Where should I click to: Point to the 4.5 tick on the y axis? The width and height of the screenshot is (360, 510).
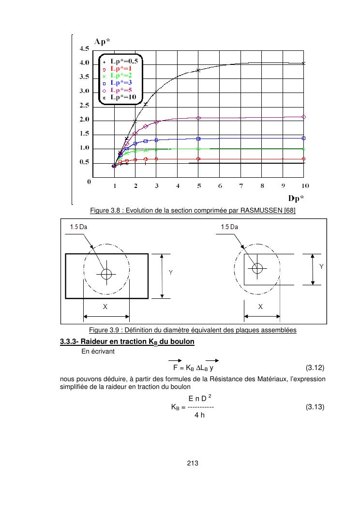84,48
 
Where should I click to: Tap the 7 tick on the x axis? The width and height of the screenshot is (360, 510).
241,185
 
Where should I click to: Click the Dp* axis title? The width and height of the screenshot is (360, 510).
297,197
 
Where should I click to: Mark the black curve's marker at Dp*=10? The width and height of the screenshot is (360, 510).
304,63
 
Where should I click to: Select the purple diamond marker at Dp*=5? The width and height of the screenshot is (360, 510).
198,118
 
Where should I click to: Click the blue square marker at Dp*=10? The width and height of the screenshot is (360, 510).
304,138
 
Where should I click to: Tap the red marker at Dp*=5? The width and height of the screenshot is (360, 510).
198,159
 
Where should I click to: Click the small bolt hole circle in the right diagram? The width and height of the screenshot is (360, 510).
257,267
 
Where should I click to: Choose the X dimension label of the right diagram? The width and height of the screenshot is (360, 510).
260,307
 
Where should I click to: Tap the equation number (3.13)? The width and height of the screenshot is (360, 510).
315,407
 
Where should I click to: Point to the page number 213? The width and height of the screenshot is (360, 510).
193,464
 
